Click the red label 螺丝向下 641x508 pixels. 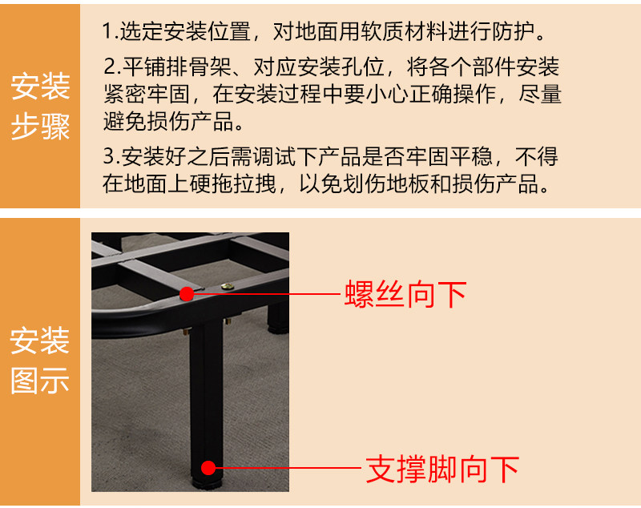click(405, 294)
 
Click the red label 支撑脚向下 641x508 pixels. click(442, 470)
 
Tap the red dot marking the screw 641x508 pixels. click(187, 294)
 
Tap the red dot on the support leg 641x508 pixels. click(208, 468)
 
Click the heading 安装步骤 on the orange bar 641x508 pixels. click(40, 107)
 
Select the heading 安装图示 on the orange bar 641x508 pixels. click(39, 361)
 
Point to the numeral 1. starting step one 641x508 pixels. click(110, 31)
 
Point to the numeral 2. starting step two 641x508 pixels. click(112, 67)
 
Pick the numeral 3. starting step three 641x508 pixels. click(111, 156)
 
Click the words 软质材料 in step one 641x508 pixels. click(404, 31)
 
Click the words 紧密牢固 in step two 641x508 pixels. click(147, 94)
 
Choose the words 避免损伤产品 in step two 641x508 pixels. click(168, 121)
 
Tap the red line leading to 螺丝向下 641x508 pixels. click(268, 294)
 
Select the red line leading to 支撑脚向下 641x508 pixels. click(288, 468)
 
